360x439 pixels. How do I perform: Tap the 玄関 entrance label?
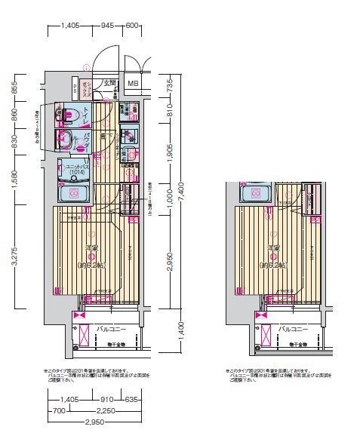click(x=109, y=83)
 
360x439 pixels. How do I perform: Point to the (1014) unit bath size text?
click(x=75, y=173)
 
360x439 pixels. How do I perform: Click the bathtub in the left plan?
click(x=75, y=194)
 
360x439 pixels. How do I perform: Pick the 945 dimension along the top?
click(x=107, y=26)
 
